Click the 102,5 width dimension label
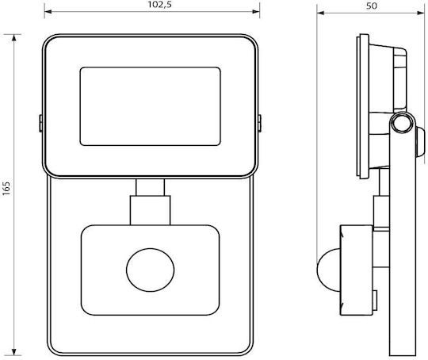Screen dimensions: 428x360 coord(159,5)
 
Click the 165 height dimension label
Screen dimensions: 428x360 coord(6,188)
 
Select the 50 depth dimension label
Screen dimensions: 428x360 coord(371,6)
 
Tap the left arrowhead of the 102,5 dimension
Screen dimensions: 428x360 coord(48,11)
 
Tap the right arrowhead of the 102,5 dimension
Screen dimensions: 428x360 coord(256,11)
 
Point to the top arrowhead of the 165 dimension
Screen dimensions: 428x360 coord(14,38)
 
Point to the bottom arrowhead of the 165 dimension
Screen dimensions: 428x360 coord(14,351)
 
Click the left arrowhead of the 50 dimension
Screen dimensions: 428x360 coord(320,13)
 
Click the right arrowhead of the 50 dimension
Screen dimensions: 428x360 coord(421,13)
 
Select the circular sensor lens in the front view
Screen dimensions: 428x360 coord(150,270)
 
